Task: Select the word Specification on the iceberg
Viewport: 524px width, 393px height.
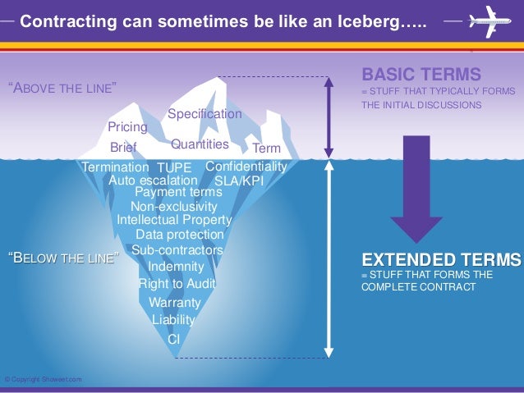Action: point(205,114)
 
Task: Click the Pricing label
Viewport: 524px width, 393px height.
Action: point(127,128)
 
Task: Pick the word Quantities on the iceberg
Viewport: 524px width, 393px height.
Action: point(200,144)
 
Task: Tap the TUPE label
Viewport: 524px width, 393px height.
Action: point(173,168)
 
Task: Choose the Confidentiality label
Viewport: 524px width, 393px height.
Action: point(246,167)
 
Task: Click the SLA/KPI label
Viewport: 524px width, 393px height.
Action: point(238,181)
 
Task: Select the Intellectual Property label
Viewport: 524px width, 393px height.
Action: point(174,220)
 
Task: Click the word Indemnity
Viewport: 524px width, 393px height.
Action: point(176,267)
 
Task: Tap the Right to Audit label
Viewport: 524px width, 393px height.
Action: point(177,284)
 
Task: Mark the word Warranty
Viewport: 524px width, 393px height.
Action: point(175,303)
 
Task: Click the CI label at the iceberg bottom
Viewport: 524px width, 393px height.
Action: point(173,338)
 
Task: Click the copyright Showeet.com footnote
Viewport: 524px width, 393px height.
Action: point(43,379)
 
